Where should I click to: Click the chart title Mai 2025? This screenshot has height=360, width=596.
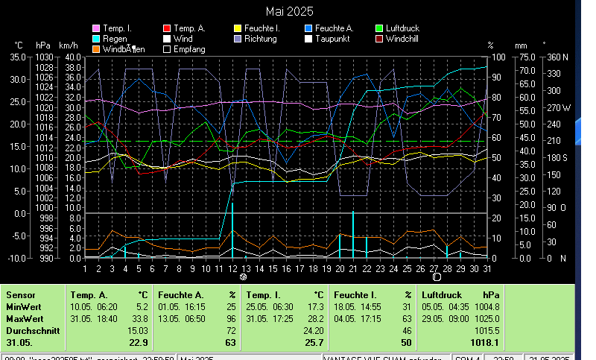290,11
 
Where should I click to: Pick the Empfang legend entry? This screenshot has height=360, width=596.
188,49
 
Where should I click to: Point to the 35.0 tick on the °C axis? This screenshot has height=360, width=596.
17,57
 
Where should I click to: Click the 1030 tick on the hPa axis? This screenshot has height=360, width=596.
44,57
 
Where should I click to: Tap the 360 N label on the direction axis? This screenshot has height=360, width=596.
557,57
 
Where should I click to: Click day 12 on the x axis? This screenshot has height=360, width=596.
232,268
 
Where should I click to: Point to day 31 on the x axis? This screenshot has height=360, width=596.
487,268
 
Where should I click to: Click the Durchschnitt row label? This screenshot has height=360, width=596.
29,330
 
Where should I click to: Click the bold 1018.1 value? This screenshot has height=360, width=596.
485,343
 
